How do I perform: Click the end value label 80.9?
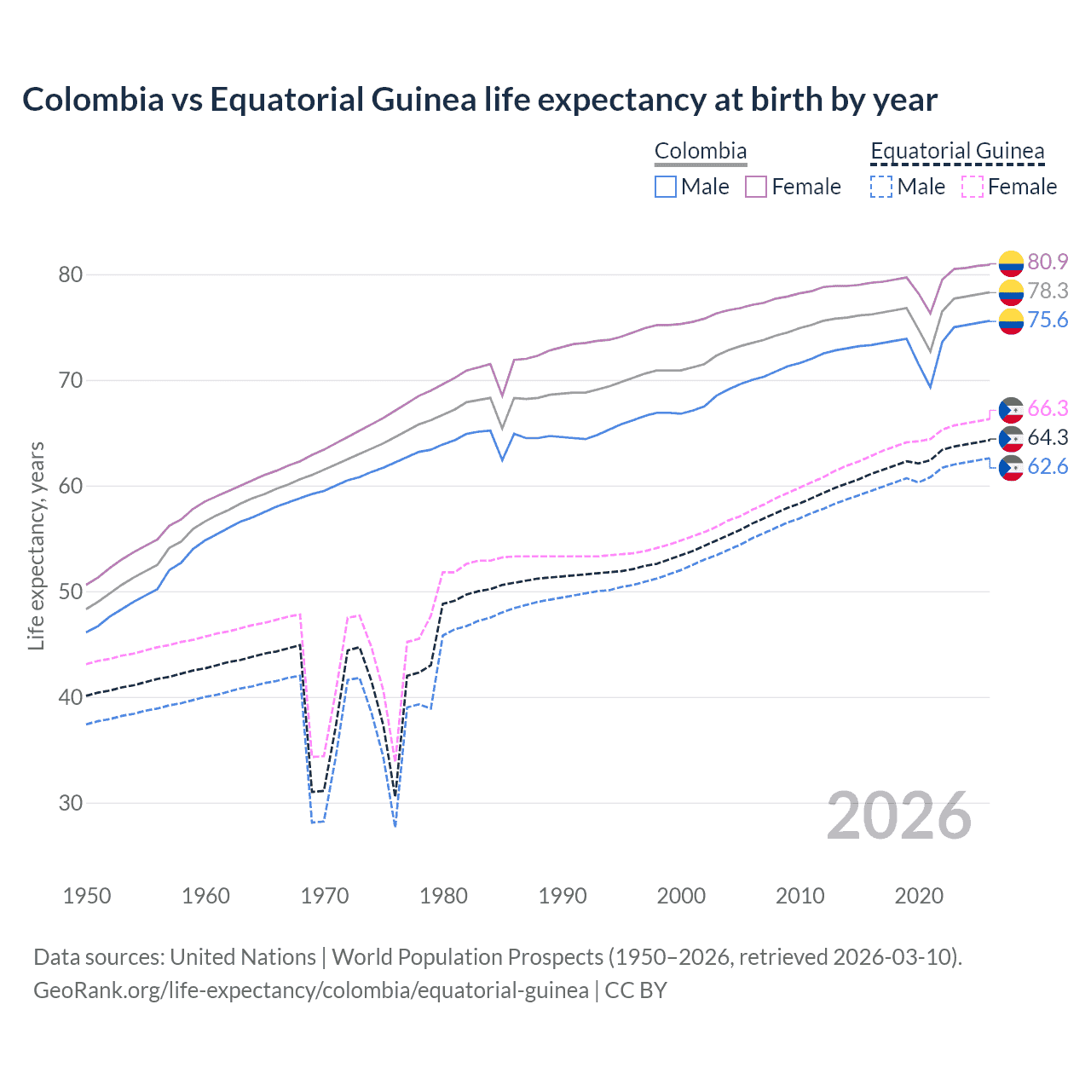tap(1048, 262)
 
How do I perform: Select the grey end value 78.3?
tap(1048, 291)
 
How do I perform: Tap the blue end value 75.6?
tap(1048, 320)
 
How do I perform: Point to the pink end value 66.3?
tap(1048, 408)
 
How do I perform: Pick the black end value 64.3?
tap(1048, 437)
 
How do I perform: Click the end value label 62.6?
tap(1048, 466)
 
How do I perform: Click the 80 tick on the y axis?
tap(71, 274)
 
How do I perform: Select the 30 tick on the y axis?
tap(71, 803)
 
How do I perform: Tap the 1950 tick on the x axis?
tap(87, 896)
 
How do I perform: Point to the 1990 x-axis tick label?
tap(563, 896)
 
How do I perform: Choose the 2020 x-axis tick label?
tap(919, 896)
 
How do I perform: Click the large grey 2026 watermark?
tap(898, 817)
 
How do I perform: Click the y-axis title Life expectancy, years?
tap(36, 545)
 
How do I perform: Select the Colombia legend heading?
tap(701, 151)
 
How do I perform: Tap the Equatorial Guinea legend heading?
tap(957, 151)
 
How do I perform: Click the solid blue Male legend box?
tap(666, 187)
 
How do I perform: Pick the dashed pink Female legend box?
tap(973, 187)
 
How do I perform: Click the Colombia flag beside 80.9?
tap(1011, 263)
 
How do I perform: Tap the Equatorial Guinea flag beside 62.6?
tap(1011, 467)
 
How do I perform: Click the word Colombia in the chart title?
tap(93, 100)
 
